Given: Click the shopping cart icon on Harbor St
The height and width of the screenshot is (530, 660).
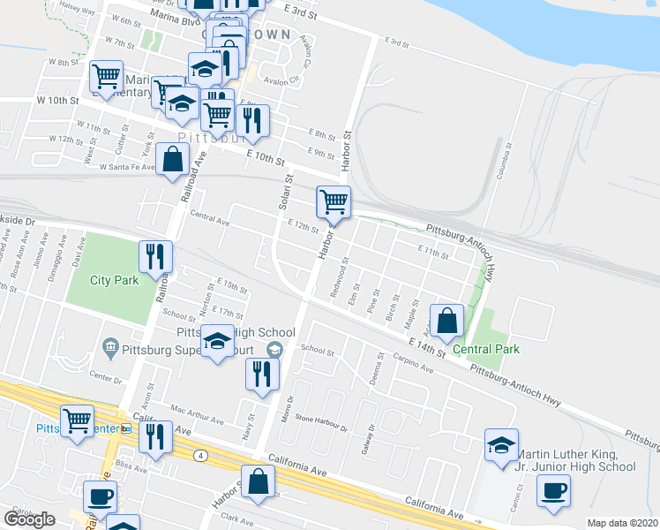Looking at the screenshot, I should click(334, 202).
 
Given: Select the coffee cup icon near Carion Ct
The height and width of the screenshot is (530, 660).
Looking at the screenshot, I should click(553, 491).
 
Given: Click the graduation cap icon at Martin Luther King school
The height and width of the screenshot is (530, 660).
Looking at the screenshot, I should click(501, 445).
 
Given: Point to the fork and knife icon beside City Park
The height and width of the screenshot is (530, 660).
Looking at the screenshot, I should click(155, 257).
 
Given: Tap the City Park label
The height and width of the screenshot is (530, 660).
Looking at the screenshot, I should click(115, 281).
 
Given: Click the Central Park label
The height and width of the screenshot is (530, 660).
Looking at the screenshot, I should click(486, 349).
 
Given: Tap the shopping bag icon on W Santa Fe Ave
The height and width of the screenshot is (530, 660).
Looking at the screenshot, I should click(172, 161).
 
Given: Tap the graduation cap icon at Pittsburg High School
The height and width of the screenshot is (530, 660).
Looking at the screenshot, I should click(217, 343).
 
